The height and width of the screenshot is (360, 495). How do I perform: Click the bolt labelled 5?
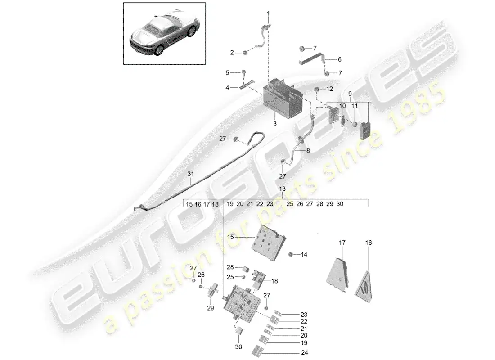point(244,72)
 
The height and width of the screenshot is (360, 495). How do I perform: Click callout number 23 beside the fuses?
point(304,315)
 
